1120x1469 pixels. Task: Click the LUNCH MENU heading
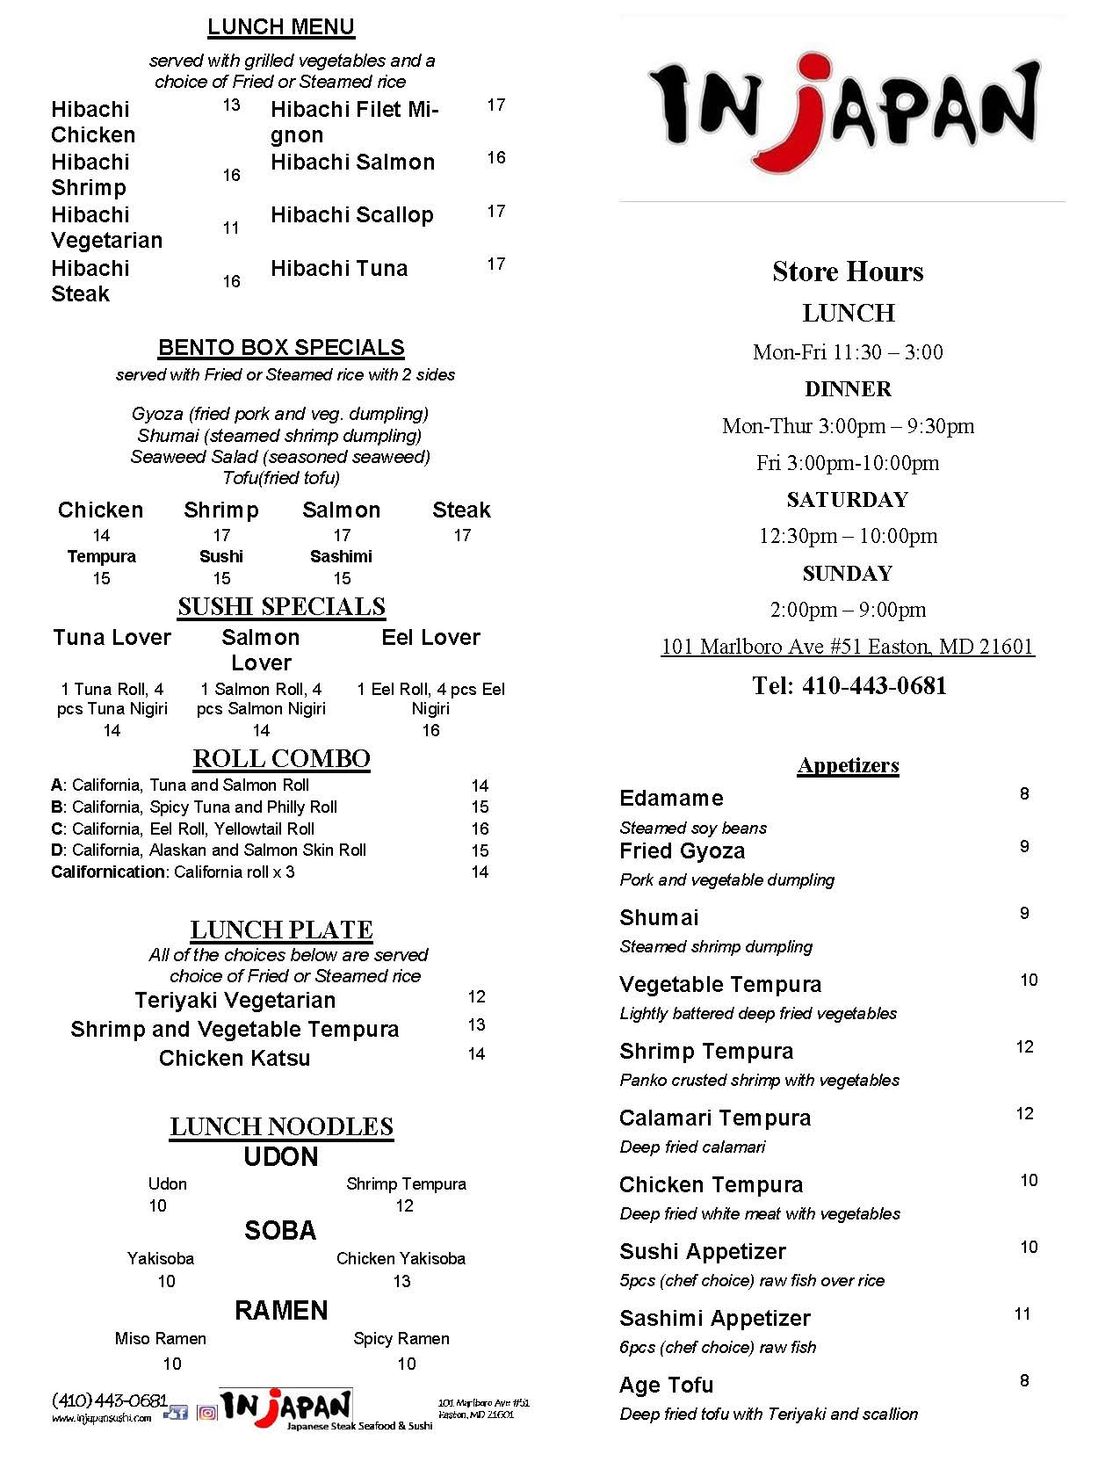(x=281, y=27)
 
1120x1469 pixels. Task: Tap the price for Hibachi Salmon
(x=496, y=158)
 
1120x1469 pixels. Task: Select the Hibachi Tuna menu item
(x=339, y=269)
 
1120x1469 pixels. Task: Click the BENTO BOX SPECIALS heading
(x=281, y=348)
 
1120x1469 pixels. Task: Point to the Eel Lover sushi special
(x=430, y=638)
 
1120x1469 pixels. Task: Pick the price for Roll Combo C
(x=480, y=829)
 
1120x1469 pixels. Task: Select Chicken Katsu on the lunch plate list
(x=235, y=1058)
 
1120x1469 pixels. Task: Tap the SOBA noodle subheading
(x=280, y=1231)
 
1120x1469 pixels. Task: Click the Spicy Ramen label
(x=401, y=1339)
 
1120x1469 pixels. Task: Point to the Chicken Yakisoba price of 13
(x=401, y=1281)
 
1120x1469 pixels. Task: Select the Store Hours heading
(x=848, y=271)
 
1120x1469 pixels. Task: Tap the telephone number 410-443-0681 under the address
(x=873, y=686)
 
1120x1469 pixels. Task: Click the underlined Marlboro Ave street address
(x=848, y=647)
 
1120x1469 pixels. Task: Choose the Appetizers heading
(x=848, y=765)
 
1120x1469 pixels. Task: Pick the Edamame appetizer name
(x=672, y=799)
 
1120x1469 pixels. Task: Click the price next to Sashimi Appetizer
(x=1022, y=1314)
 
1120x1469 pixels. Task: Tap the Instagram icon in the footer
(x=207, y=1413)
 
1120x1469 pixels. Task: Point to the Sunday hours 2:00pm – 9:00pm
(x=848, y=610)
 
